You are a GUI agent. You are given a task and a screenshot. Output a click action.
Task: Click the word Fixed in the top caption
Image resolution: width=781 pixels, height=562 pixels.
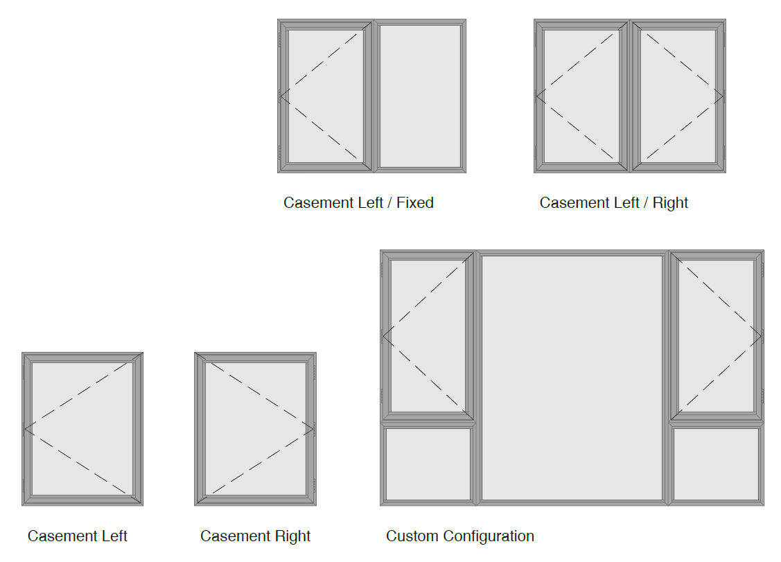(x=415, y=203)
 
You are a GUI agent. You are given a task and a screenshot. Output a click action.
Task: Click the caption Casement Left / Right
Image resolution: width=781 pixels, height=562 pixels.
(x=614, y=203)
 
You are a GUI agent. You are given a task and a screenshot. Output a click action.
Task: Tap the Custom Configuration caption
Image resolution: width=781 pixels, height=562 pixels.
(x=459, y=536)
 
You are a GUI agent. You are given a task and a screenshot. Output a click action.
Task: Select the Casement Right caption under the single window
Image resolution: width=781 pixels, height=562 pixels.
(x=255, y=536)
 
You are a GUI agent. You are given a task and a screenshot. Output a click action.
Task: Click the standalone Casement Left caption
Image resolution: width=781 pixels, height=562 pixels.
(x=77, y=536)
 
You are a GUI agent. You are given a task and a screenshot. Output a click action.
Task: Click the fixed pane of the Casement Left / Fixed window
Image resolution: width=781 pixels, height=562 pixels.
(x=420, y=96)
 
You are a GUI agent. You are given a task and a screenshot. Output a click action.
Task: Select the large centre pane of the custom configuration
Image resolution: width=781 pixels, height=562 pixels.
(x=572, y=378)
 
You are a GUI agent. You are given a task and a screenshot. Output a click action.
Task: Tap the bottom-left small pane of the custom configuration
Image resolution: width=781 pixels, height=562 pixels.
(x=428, y=464)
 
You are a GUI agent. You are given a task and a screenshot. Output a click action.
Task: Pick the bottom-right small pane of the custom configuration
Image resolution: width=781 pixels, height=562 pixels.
(x=716, y=464)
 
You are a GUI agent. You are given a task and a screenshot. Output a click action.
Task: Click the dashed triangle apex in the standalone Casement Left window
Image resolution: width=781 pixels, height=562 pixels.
(x=24, y=429)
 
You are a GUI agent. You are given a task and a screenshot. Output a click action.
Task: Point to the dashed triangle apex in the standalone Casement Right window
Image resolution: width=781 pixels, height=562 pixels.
(x=314, y=429)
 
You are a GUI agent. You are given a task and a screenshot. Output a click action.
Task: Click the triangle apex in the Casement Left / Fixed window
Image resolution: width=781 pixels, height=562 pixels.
(x=281, y=96)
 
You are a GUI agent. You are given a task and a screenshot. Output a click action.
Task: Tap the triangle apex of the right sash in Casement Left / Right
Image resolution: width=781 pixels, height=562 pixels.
(x=723, y=96)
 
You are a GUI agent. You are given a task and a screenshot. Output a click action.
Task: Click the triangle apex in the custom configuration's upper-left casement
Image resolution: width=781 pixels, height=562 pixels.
(x=383, y=337)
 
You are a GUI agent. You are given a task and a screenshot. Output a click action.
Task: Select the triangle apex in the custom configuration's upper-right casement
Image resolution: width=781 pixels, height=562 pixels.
(x=762, y=337)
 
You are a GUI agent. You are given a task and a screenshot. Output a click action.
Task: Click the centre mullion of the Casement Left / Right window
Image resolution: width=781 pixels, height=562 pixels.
(x=630, y=96)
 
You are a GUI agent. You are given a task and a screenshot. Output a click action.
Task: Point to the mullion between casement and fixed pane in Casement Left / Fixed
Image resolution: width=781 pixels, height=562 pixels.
(x=374, y=96)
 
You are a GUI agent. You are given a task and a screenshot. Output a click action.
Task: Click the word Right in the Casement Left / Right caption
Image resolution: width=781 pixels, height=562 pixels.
(x=670, y=203)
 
